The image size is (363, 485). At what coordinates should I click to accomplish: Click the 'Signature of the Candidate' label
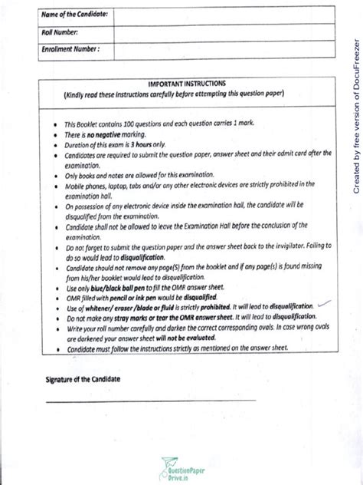(x=83, y=380)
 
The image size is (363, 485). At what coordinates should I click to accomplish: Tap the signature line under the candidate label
(x=150, y=400)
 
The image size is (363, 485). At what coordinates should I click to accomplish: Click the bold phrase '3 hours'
(x=135, y=144)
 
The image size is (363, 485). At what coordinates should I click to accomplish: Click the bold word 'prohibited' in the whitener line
(x=203, y=305)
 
